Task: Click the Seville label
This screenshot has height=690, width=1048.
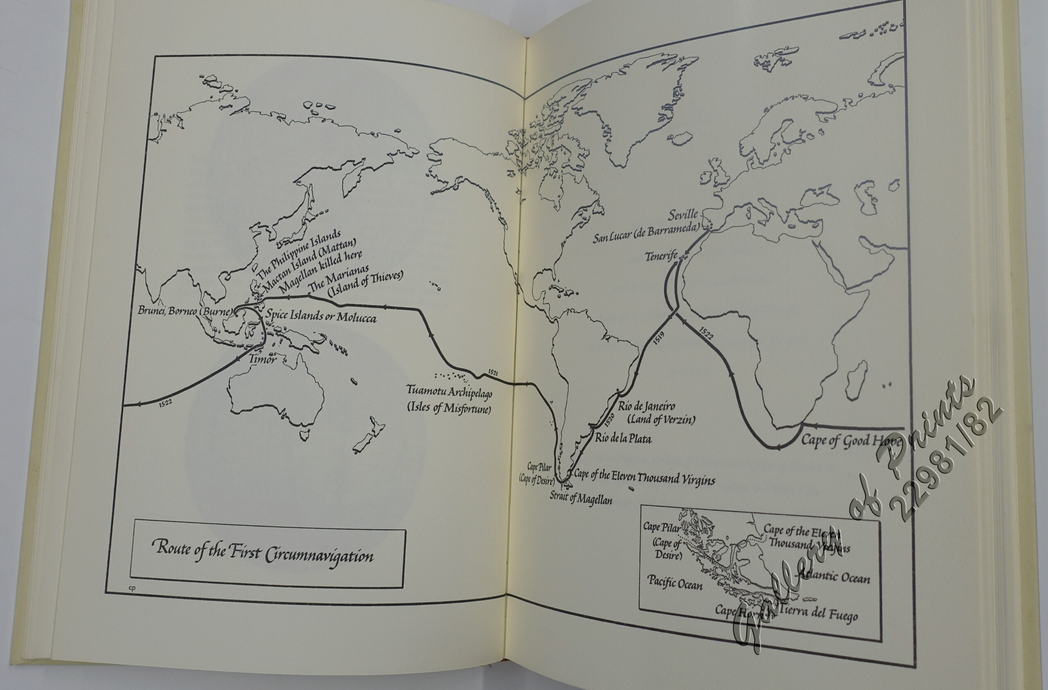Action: click(683, 215)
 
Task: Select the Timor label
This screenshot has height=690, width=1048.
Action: click(262, 359)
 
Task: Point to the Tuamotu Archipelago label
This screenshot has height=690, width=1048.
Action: click(449, 391)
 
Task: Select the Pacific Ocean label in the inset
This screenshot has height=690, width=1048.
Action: click(675, 582)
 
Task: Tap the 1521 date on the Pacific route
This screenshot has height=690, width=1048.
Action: click(493, 373)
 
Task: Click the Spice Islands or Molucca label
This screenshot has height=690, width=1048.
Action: click(321, 316)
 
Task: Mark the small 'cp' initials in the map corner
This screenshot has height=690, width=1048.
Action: click(132, 587)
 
